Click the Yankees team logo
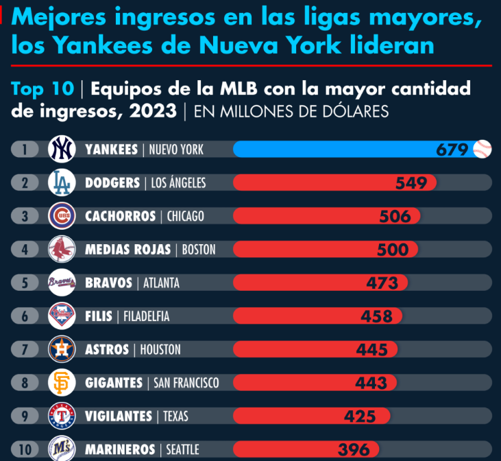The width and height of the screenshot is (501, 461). [62, 149]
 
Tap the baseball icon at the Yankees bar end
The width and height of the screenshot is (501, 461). [482, 149]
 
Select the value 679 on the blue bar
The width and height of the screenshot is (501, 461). [452, 150]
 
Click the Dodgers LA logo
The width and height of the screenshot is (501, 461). [62, 182]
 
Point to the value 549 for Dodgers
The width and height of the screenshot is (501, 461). [411, 183]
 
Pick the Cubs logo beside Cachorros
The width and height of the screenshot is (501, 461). [62, 216]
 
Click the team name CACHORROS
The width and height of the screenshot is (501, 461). [121, 216]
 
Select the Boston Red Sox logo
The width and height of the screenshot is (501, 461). [62, 250]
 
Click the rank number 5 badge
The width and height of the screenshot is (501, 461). [25, 283]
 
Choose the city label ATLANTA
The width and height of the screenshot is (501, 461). [161, 283]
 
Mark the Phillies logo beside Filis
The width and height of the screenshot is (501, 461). [62, 316]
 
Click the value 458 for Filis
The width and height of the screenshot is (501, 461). [377, 316]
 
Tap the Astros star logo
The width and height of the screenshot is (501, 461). [62, 349]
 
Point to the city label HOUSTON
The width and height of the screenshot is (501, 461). [160, 350]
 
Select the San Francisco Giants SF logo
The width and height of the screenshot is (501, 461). [62, 383]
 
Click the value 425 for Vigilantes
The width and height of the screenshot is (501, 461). [360, 416]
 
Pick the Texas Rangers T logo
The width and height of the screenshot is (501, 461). [62, 416]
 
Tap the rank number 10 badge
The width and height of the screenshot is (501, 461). [25, 450]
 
